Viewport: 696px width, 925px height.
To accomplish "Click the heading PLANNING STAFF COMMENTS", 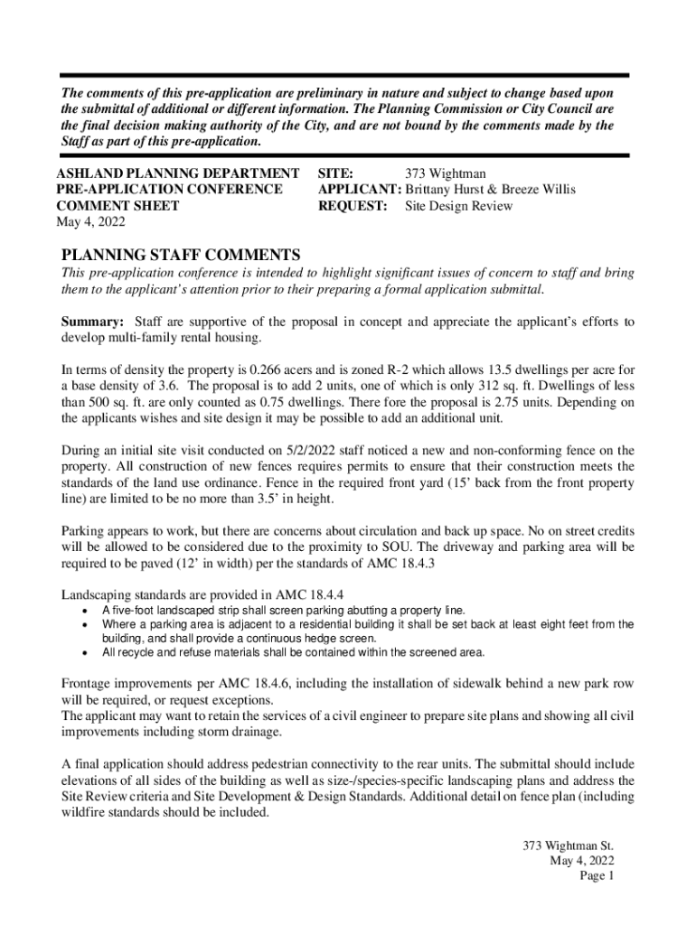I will click(180, 256).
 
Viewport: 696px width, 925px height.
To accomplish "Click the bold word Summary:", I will click(92, 322).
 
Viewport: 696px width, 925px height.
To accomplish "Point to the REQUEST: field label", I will click(353, 206).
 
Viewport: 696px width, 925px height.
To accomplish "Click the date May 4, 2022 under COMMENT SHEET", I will click(90, 222).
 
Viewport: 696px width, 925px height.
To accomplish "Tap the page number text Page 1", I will click(597, 876).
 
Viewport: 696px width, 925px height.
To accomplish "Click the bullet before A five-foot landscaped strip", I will click(85, 612).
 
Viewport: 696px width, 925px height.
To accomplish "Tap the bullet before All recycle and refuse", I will click(85, 652).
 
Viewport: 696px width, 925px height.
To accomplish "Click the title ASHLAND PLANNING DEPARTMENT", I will click(178, 173).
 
